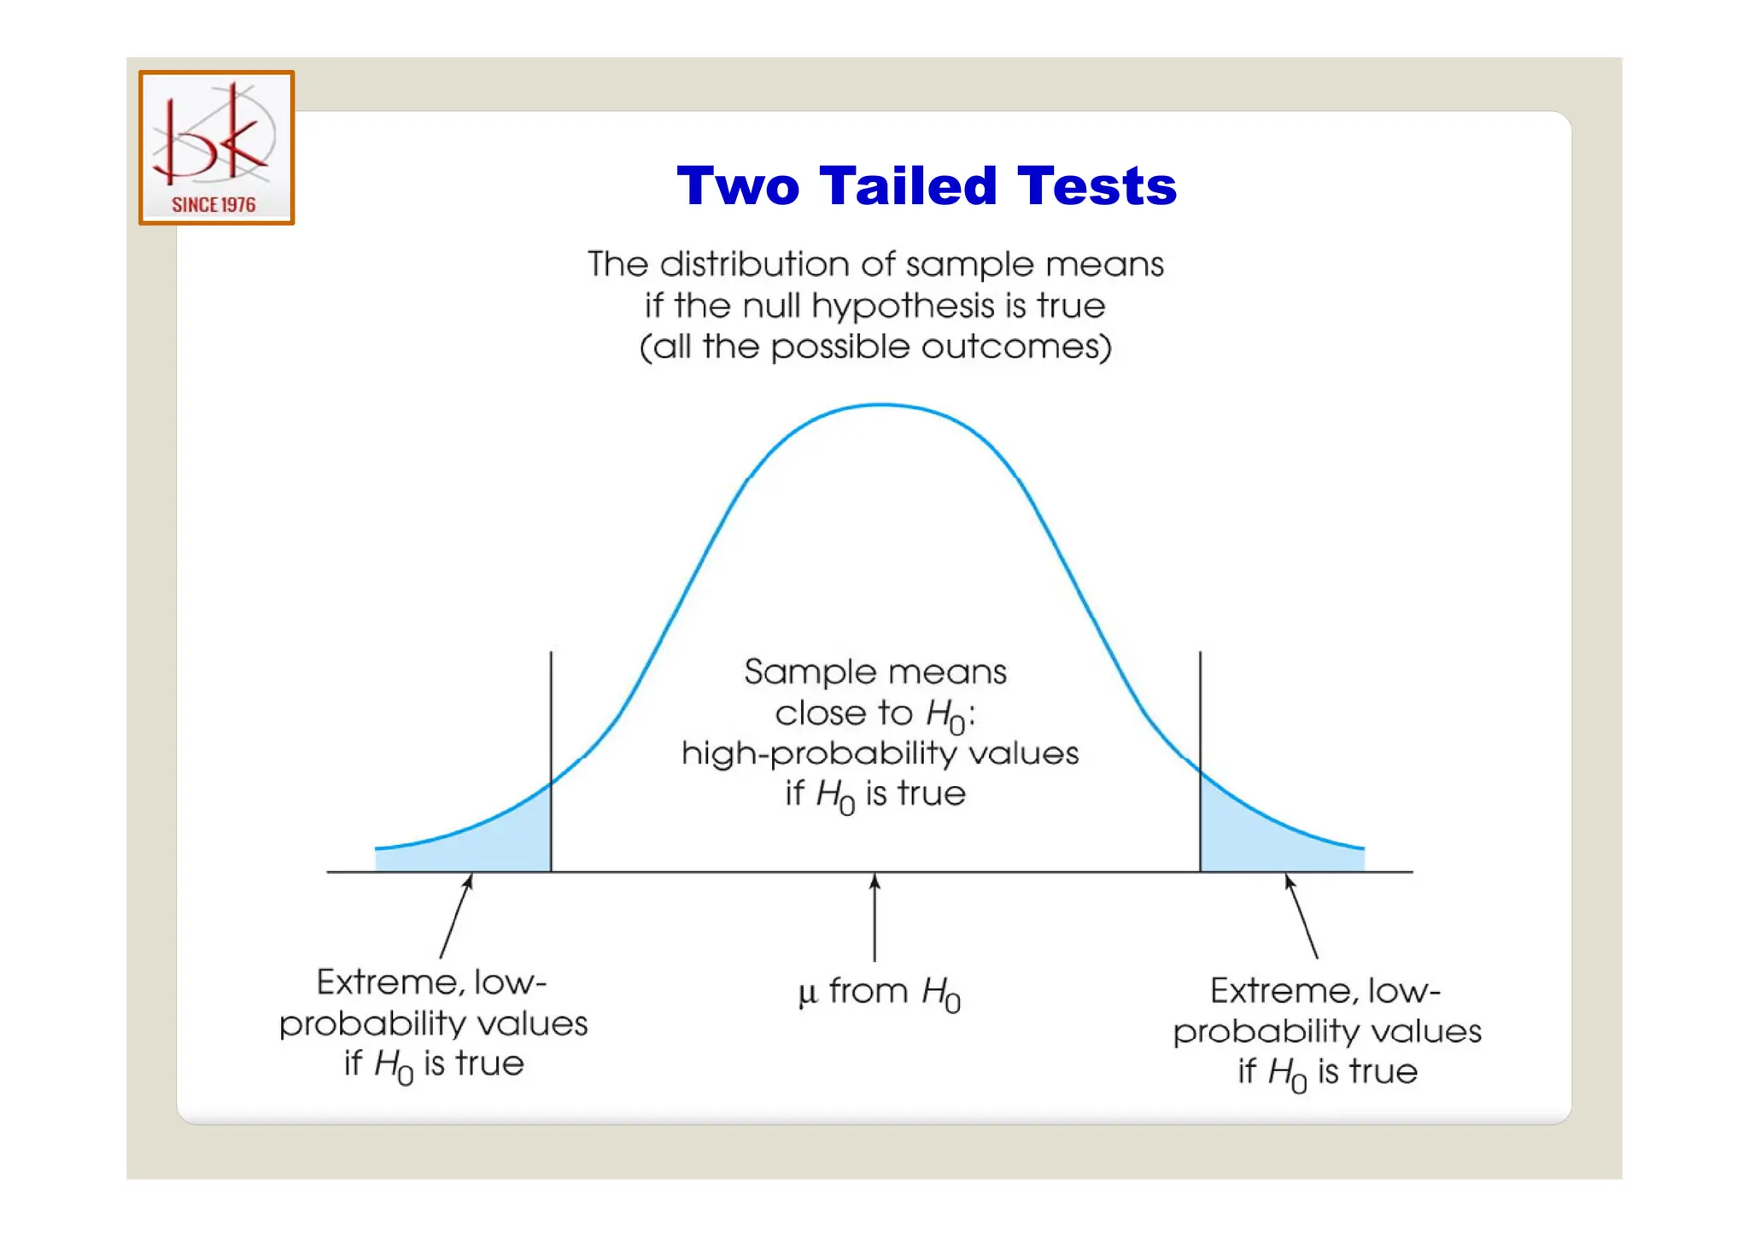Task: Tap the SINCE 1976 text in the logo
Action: tap(214, 205)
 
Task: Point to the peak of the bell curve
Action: tap(881, 405)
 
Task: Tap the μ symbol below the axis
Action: tap(807, 993)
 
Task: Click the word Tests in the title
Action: tap(1097, 185)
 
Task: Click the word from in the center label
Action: tap(868, 991)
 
